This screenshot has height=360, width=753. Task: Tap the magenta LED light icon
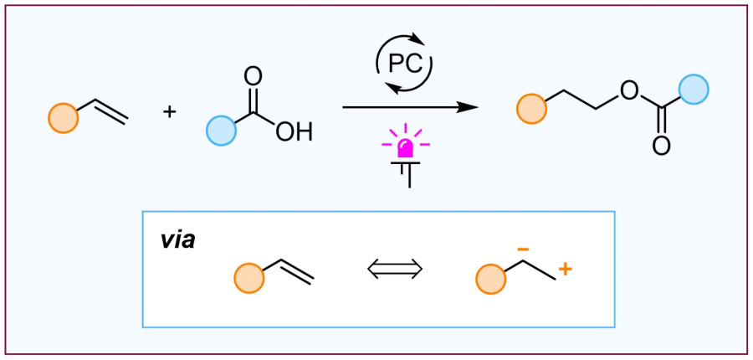tap(406, 147)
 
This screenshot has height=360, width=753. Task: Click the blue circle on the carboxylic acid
tap(221, 131)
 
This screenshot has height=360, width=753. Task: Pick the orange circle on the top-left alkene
tap(63, 118)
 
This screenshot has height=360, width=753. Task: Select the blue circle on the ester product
tap(694, 90)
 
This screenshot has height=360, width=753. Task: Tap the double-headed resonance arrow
tap(396, 269)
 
